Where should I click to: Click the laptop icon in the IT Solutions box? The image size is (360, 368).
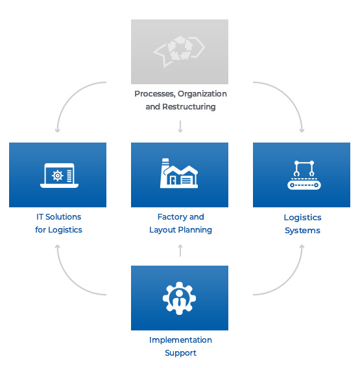(x=59, y=176)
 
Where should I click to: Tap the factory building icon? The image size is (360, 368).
(x=179, y=173)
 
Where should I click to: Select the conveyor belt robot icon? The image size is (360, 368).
(x=304, y=175)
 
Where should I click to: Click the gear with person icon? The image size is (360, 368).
(x=179, y=298)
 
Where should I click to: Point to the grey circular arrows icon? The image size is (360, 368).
(x=179, y=51)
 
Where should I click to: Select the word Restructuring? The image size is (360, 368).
(x=189, y=107)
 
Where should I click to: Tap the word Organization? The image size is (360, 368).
(x=202, y=94)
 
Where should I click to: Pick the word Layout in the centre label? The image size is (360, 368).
(x=163, y=230)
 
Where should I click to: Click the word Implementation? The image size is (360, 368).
(x=180, y=340)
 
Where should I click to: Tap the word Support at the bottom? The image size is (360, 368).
(x=180, y=353)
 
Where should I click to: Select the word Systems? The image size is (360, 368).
(x=302, y=231)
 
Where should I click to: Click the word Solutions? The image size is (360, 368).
(x=63, y=217)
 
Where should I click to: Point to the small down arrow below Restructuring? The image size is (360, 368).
(x=180, y=126)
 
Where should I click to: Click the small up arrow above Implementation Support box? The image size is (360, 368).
(x=180, y=251)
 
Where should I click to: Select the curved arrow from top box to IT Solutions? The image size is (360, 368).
(x=69, y=94)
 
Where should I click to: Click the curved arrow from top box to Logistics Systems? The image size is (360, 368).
(x=290, y=94)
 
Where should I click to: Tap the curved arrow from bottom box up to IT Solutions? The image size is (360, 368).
(x=69, y=283)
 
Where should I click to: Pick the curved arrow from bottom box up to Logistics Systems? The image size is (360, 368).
(x=290, y=283)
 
